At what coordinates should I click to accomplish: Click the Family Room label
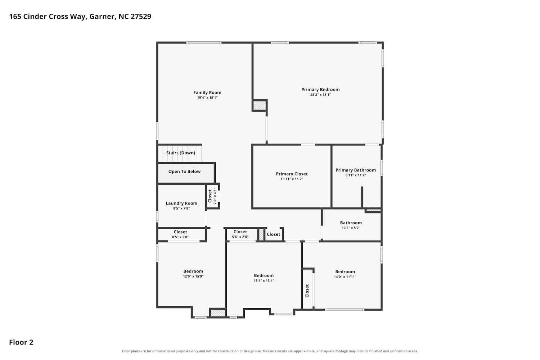pyautogui.click(x=207, y=93)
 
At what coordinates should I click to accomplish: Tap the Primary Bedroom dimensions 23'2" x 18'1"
pyautogui.click(x=320, y=95)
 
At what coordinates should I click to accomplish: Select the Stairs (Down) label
pyautogui.click(x=181, y=153)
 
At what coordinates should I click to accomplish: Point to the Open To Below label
pyautogui.click(x=184, y=171)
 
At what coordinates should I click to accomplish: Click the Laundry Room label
pyautogui.click(x=181, y=203)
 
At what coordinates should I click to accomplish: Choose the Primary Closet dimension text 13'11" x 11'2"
pyautogui.click(x=292, y=179)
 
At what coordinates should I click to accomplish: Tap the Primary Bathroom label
pyautogui.click(x=356, y=170)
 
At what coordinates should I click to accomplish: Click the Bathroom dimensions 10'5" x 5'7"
pyautogui.click(x=351, y=228)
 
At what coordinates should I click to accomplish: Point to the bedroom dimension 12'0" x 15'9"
pyautogui.click(x=193, y=276)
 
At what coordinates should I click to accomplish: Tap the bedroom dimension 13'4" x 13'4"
pyautogui.click(x=264, y=281)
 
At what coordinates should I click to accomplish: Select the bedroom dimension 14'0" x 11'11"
pyautogui.click(x=345, y=277)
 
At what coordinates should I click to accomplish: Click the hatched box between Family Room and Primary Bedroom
pyautogui.click(x=260, y=105)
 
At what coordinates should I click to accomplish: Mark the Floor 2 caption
pyautogui.click(x=21, y=342)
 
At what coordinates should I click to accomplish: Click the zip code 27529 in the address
pyautogui.click(x=141, y=17)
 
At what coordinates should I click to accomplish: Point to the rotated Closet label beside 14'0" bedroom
pyautogui.click(x=307, y=291)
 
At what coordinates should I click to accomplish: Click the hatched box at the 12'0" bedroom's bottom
pyautogui.click(x=218, y=313)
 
